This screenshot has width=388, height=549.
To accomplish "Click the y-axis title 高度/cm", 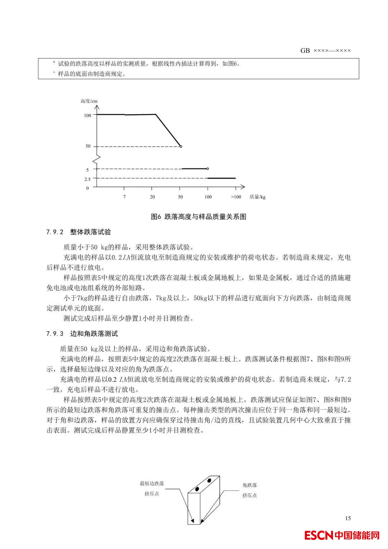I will click(x=89, y=101).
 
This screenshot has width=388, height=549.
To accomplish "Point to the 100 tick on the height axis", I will click(x=88, y=115).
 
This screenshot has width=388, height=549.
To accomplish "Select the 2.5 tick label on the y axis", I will click(x=87, y=179).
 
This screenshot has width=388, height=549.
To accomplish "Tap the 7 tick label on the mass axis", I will click(x=124, y=197).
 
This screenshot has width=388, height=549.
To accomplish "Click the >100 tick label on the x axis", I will click(x=236, y=197).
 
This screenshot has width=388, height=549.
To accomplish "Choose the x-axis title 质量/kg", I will click(x=257, y=197).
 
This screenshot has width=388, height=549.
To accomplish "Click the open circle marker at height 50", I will click(x=181, y=146).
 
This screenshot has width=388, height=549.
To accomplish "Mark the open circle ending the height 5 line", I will click(x=207, y=169).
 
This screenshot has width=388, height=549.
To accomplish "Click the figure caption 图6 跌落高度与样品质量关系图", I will click(x=198, y=217).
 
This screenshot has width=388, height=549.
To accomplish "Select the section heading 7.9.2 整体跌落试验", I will click(x=79, y=232).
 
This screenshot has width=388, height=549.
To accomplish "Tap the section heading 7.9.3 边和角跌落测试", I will click(x=82, y=334).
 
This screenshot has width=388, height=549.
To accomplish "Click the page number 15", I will click(x=348, y=518).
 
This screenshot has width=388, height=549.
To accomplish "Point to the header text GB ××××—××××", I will click(x=325, y=51).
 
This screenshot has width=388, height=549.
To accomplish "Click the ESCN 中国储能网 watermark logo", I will click(x=342, y=535).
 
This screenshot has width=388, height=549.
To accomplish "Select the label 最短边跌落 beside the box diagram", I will click(x=152, y=484).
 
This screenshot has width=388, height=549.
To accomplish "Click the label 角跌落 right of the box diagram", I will click(x=249, y=485).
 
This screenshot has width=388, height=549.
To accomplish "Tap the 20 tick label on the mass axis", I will click(x=152, y=197).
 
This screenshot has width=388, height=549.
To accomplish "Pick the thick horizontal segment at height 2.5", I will click(x=222, y=178).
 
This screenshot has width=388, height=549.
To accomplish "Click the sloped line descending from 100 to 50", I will click(x=168, y=130).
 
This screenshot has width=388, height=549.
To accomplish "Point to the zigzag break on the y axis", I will click(x=96, y=158).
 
